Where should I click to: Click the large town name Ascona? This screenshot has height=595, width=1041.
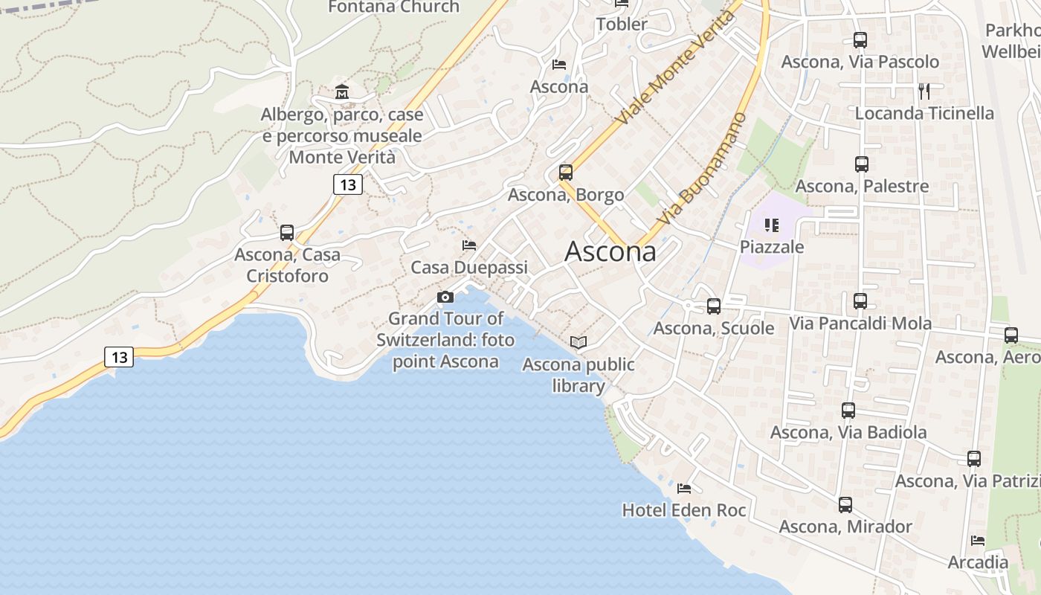coord(610,251)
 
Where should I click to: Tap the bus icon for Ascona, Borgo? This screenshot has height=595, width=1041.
coord(566,173)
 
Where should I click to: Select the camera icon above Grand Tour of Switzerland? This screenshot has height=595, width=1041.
coord(445,297)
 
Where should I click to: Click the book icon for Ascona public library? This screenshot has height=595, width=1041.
coord(578,342)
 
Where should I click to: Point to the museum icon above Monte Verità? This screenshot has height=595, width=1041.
coord(342,92)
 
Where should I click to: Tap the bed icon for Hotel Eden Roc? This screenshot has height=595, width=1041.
coord(684,489)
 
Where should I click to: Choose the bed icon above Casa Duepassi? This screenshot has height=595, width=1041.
coord(469,245)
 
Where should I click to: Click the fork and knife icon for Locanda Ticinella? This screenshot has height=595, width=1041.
coord(924,91)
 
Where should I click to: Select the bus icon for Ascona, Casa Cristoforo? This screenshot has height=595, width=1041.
coord(287,233)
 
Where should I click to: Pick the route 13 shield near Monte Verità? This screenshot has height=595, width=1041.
coord(347,184)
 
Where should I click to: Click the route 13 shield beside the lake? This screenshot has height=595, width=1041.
coord(119,357)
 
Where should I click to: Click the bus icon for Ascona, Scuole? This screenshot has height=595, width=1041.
coord(714,306)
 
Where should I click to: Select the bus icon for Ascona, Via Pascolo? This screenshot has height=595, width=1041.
coord(860,40)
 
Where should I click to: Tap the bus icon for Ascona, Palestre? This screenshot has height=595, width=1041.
coord(862,164)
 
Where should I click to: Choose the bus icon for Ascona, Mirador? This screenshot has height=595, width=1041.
coord(845,505)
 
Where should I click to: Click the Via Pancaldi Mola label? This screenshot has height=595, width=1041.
coord(860,324)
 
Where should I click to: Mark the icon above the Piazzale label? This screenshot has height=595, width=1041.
coord(772,225)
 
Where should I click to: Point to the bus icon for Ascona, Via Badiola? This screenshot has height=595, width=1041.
coord(848,410)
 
